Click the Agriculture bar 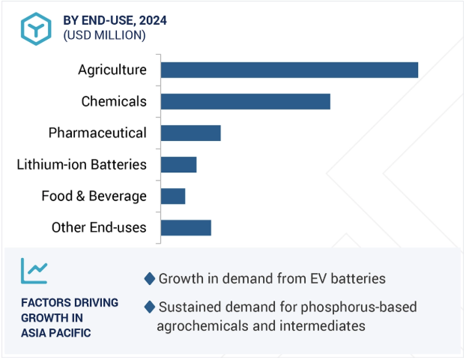point(289,70)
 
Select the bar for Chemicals point(245,101)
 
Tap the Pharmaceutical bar point(190,133)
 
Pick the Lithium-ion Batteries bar point(178,164)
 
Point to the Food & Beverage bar point(172,196)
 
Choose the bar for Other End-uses point(186,227)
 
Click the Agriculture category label point(112,70)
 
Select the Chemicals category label point(114,101)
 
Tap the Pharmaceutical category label point(97,133)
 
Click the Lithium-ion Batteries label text point(82,164)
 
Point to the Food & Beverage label point(94,196)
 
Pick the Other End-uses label point(99,227)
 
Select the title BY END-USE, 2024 point(115,20)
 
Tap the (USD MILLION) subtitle point(104,35)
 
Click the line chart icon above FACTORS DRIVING point(34,271)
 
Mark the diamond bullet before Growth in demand point(150,279)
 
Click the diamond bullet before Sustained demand point(150,307)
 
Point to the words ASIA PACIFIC point(56,332)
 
